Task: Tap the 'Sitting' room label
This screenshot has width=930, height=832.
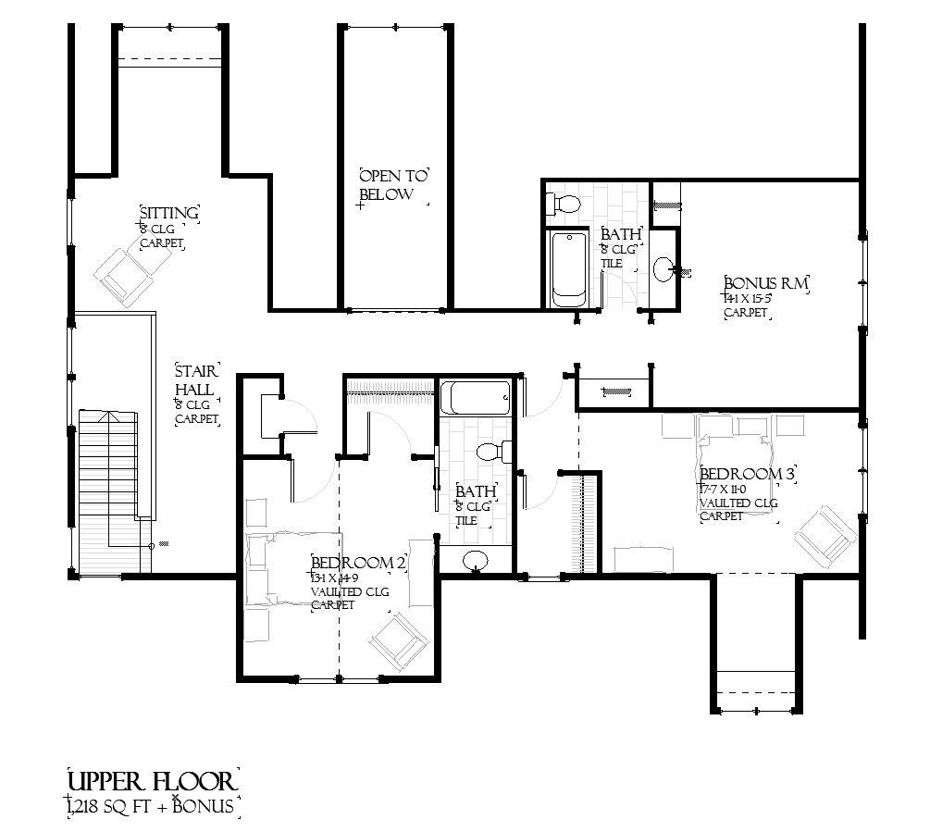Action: [x=168, y=214]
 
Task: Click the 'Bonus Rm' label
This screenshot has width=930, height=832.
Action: [x=766, y=283]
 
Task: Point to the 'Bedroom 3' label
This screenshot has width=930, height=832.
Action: [x=748, y=473]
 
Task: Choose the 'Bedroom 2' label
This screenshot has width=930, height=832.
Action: [x=359, y=562]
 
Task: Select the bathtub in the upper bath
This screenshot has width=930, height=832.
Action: [x=568, y=267]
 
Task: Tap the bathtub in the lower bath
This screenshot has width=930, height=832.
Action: [x=475, y=400]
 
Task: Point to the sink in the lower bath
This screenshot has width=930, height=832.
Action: [x=477, y=559]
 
